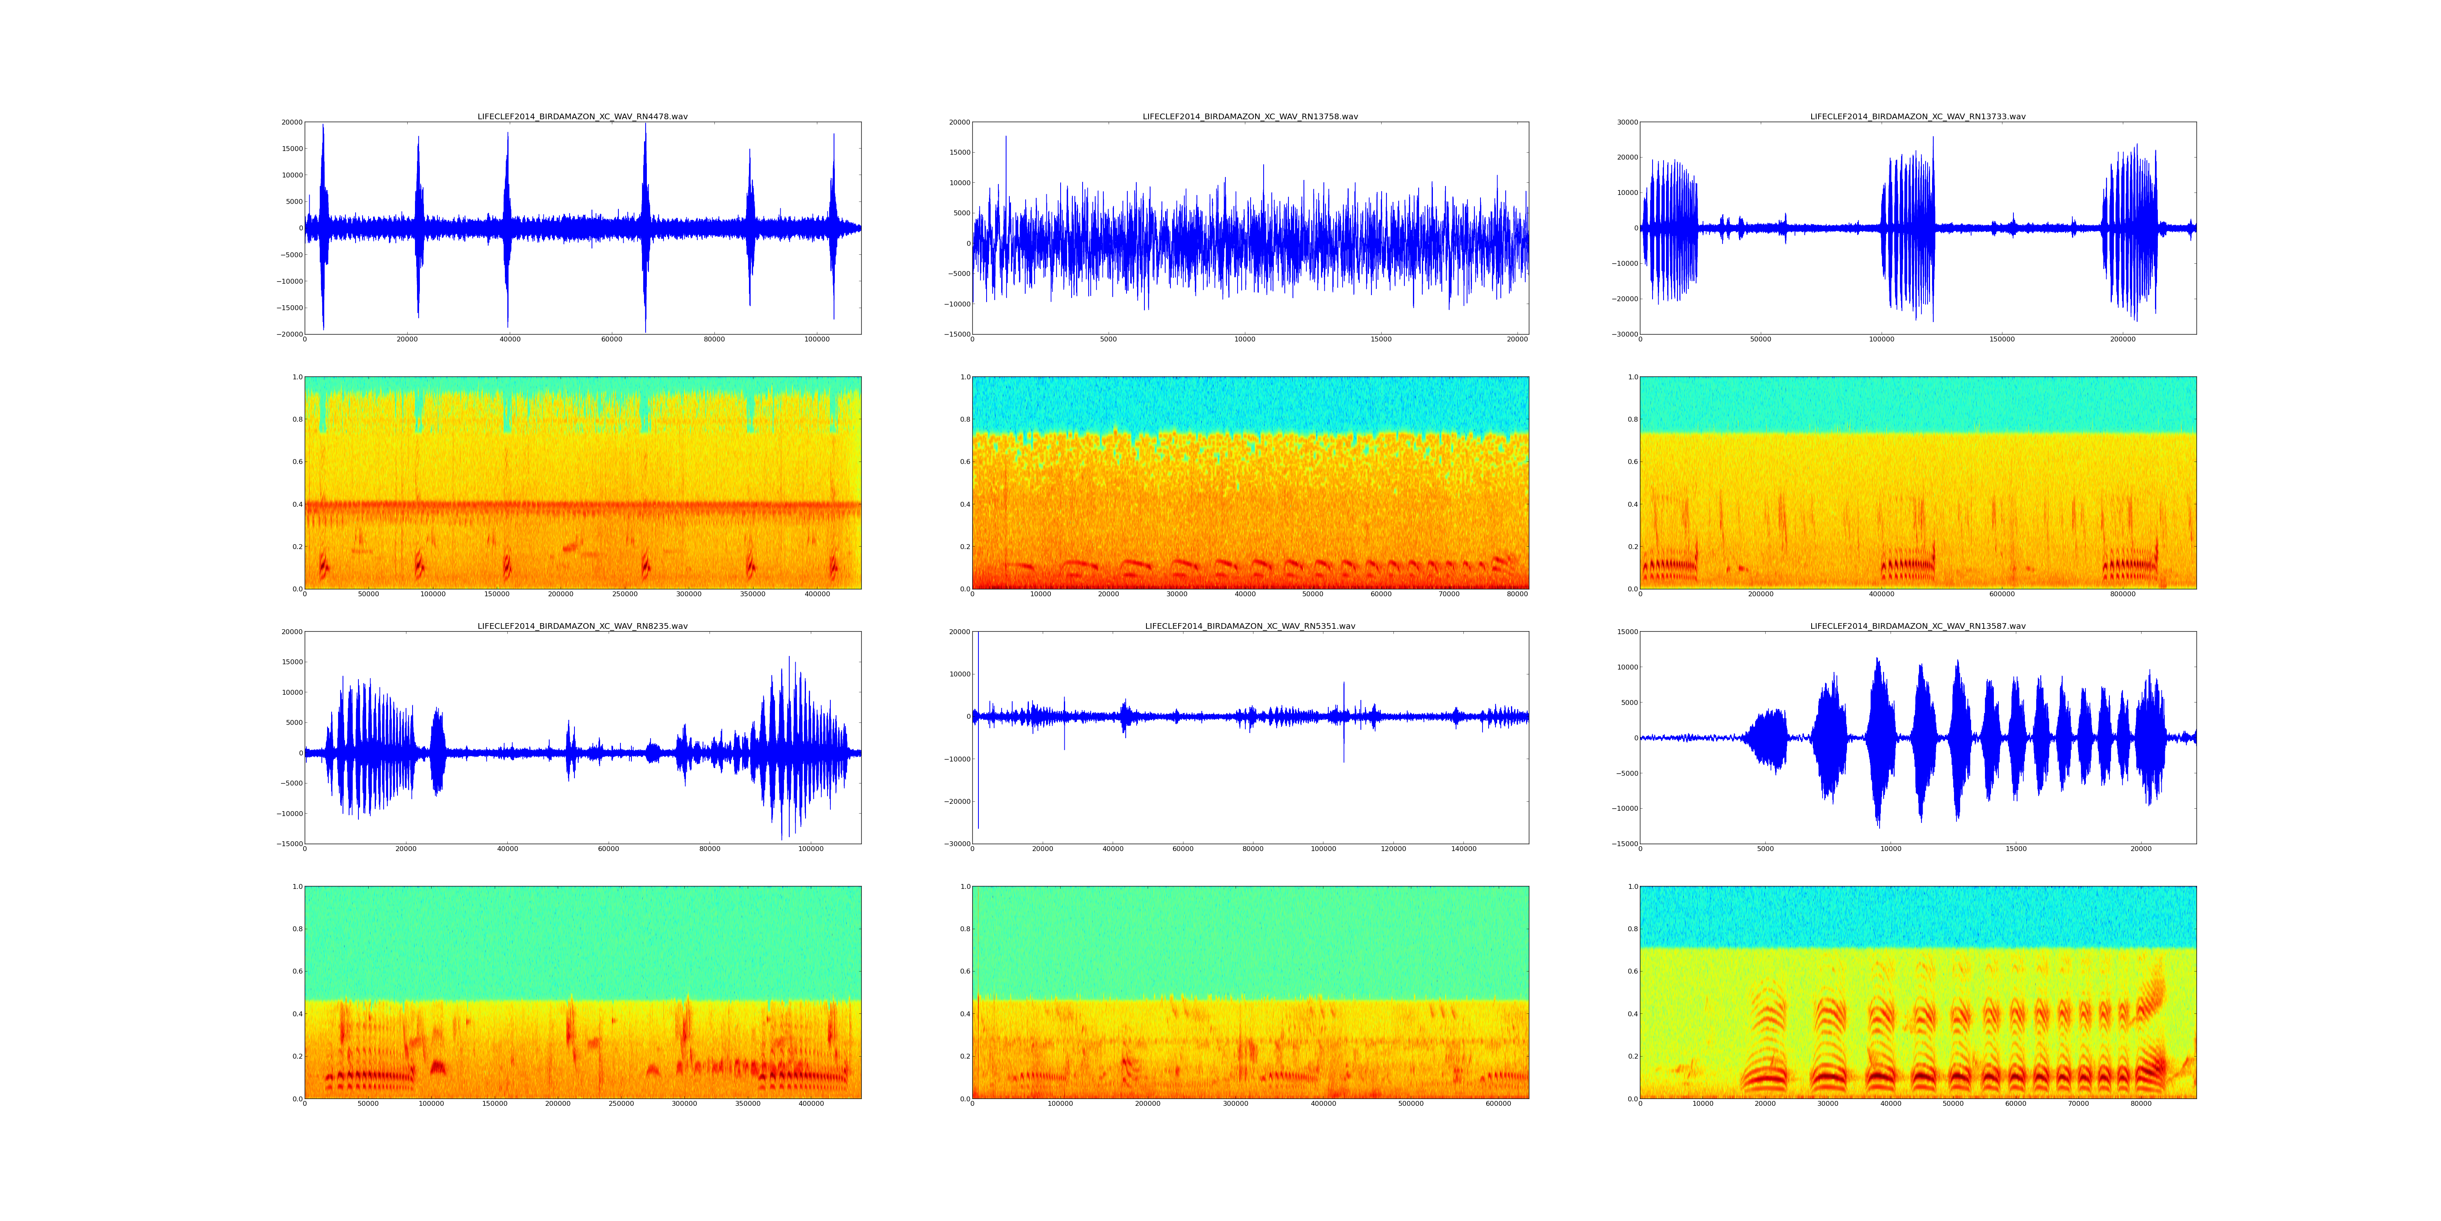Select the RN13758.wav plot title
click(1250, 116)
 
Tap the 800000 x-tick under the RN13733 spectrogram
click(2122, 594)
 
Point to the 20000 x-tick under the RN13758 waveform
click(1517, 339)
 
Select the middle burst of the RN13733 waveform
click(1908, 228)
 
